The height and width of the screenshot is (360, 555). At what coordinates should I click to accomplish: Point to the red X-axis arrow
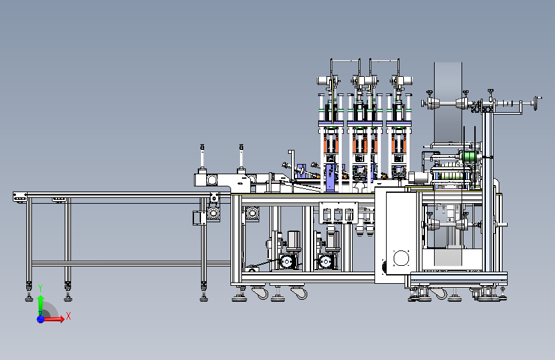pyautogui.click(x=54, y=319)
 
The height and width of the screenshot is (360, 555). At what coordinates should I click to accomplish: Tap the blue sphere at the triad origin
pyautogui.click(x=40, y=319)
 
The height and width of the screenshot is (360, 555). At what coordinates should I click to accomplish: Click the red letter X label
pyautogui.click(x=68, y=316)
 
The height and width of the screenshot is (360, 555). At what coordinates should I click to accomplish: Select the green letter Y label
pyautogui.click(x=40, y=288)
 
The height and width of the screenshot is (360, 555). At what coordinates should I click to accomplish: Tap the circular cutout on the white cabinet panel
pyautogui.click(x=401, y=258)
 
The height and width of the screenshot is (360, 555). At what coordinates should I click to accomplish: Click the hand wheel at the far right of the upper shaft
pyautogui.click(x=538, y=103)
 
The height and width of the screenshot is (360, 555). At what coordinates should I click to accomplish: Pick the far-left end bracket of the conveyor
pyautogui.click(x=20, y=197)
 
